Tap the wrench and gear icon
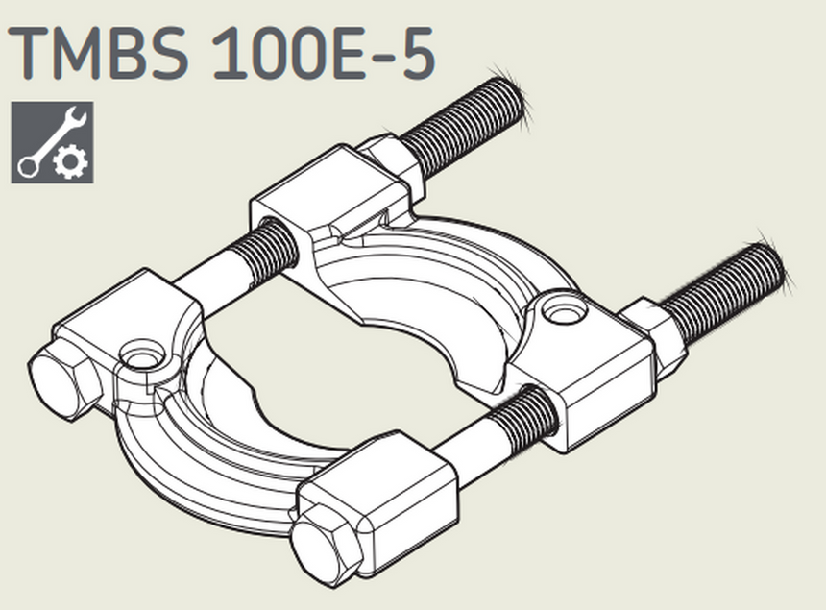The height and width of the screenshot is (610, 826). pyautogui.click(x=52, y=141)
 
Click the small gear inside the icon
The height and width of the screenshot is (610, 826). pyautogui.click(x=72, y=162)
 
